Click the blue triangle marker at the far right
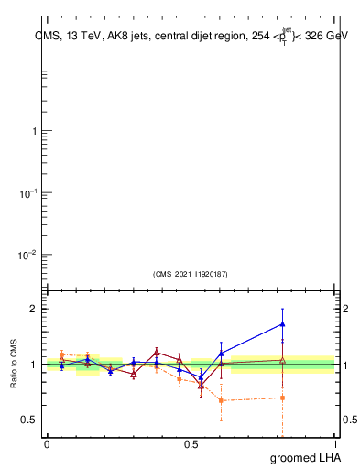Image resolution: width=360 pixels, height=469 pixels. [x=283, y=323]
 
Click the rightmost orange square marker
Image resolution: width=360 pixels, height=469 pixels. [x=283, y=398]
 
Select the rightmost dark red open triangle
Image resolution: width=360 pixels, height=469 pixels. [x=283, y=360]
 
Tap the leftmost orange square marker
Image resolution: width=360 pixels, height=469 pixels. [x=61, y=354]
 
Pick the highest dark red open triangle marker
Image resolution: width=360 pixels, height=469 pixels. [x=157, y=352]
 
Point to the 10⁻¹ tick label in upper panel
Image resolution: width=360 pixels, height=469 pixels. [x=28, y=193]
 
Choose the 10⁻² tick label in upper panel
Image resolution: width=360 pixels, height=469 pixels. [x=28, y=255]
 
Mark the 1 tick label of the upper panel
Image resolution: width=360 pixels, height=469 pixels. [x=34, y=131]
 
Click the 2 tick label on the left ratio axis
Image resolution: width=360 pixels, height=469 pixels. [x=34, y=309]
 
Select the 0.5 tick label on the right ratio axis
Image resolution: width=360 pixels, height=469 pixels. [x=350, y=420]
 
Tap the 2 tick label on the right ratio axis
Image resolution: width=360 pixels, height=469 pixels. [x=345, y=309]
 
